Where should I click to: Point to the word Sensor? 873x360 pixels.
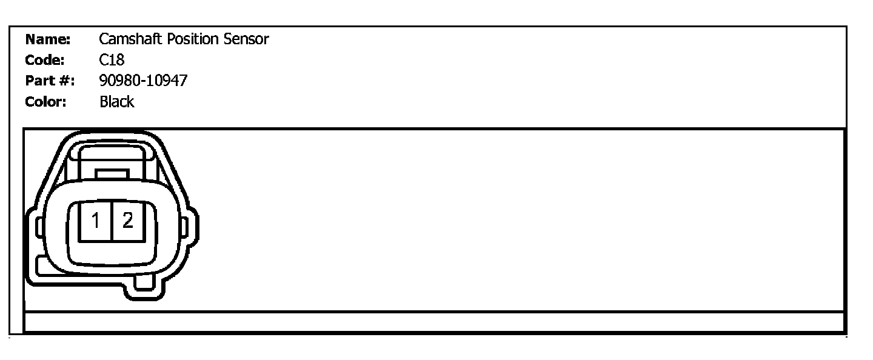point(245,40)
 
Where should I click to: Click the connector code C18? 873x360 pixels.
point(112,60)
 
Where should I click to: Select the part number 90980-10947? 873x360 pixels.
point(143,81)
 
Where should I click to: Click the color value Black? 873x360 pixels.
point(116,101)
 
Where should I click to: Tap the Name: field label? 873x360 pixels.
point(48,40)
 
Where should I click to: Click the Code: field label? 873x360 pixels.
point(45,60)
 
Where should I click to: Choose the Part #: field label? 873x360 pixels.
point(49,81)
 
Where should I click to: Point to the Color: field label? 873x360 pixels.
point(45,101)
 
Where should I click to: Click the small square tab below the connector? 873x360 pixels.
point(145,282)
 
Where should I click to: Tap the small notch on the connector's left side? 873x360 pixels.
point(37,227)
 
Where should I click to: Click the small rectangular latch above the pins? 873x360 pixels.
point(112,174)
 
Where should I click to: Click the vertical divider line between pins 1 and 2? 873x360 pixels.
point(112,222)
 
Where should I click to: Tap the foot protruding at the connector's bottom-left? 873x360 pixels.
point(41,265)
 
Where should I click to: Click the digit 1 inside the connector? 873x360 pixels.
point(95,222)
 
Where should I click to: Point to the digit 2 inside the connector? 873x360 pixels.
point(127,221)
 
